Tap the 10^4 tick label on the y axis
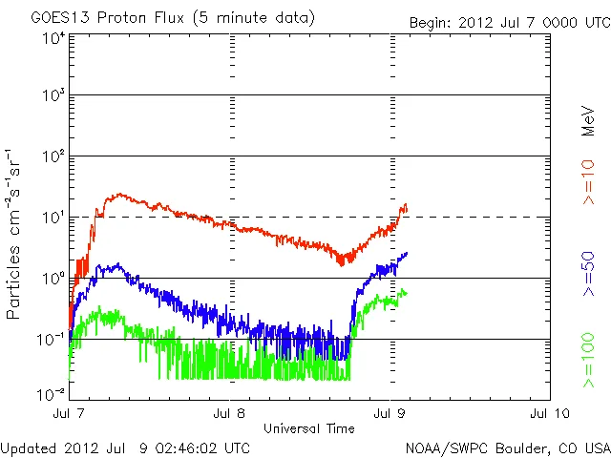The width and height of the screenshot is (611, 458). coord(53,38)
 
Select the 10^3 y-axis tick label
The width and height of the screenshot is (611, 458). coord(53,98)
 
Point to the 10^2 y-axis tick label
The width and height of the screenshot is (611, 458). coord(53,158)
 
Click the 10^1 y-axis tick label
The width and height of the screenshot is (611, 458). coord(53,219)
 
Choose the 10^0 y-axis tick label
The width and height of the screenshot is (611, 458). coord(53,279)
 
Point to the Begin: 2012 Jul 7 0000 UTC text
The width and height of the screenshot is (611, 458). coord(508,22)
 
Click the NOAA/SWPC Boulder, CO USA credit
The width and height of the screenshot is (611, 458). coord(507,447)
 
